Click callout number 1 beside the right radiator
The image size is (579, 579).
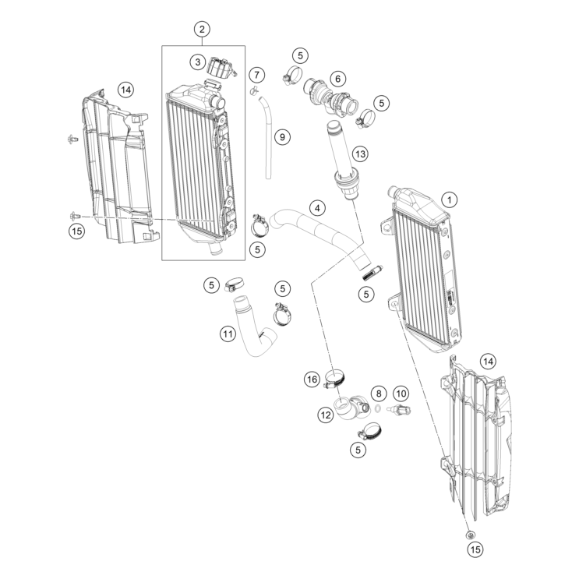(448, 199)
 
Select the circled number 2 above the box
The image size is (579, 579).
(201, 30)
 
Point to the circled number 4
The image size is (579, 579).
(316, 208)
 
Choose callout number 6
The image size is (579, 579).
(337, 79)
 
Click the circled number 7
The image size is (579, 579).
(256, 74)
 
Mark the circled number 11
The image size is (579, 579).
(226, 334)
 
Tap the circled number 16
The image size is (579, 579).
(312, 380)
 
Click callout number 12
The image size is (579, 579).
(325, 415)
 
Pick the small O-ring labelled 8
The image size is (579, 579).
(377, 408)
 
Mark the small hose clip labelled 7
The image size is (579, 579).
(255, 93)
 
